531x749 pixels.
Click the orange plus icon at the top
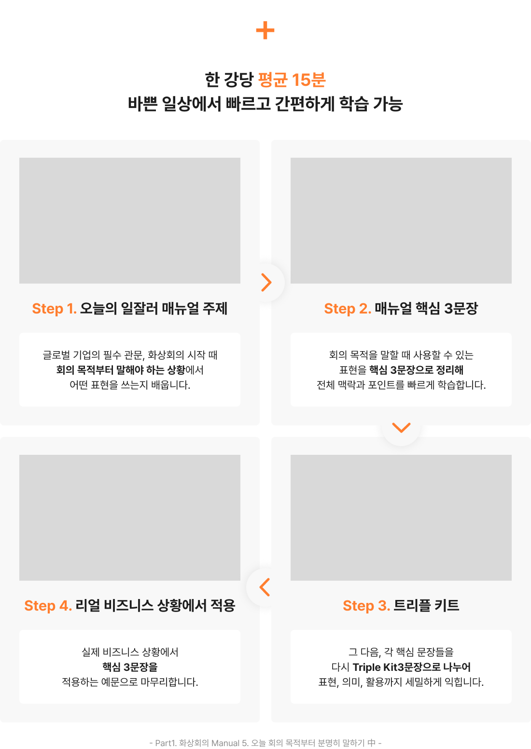pos(265,31)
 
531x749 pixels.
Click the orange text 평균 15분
pos(292,80)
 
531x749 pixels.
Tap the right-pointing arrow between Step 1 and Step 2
pos(266,282)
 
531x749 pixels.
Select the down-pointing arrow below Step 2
pos(401,427)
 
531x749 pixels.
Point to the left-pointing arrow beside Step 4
pos(265,587)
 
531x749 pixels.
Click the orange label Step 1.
pos(54,309)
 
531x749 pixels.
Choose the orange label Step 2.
pos(347,309)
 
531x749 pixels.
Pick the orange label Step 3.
pos(366,606)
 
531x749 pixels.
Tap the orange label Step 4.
pos(48,606)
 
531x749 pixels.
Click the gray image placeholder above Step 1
pos(130,220)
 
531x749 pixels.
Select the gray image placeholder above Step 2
pos(401,220)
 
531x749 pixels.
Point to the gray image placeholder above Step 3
pos(401,517)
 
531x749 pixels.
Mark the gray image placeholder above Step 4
pos(130,517)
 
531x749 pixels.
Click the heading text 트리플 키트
pos(426,606)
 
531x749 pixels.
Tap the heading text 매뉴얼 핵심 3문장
pos(426,309)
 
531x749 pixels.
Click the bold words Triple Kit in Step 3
pos(375,667)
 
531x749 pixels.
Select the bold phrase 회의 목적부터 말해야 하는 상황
pos(121,370)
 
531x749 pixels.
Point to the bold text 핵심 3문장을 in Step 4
pos(130,667)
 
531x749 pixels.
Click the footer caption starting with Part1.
pos(265,743)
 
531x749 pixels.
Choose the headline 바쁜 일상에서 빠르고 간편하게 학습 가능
pos(265,104)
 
